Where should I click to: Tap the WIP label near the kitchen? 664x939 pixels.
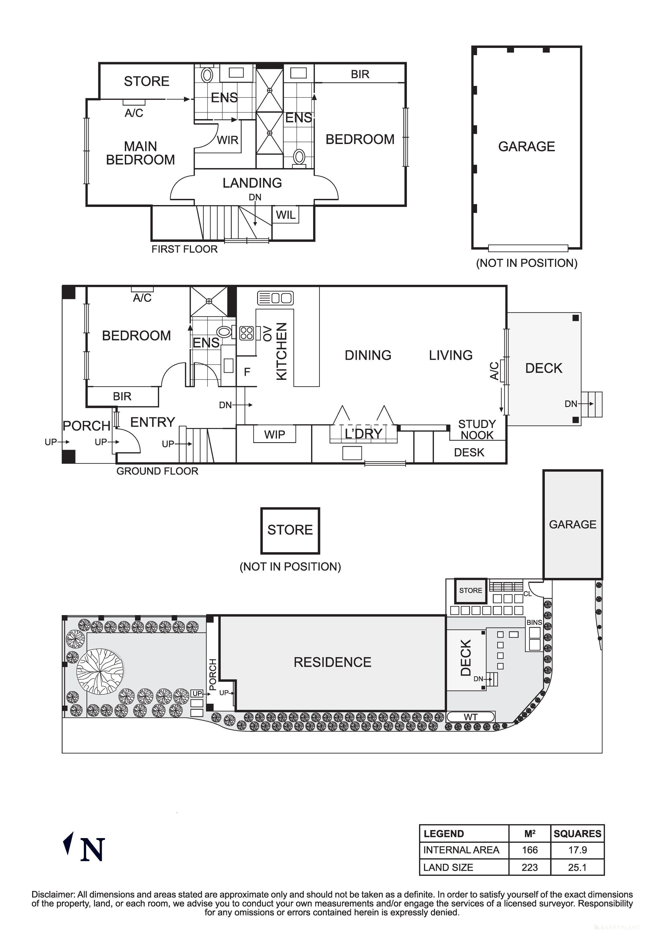pos(275,434)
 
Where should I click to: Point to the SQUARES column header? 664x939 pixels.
pos(577,834)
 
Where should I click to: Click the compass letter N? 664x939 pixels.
pos(93,850)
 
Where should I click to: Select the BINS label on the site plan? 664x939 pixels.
pos(534,622)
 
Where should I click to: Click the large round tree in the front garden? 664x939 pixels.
pos(100,672)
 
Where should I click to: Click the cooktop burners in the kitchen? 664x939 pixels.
pos(246,333)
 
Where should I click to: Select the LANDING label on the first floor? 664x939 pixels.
pos(252,183)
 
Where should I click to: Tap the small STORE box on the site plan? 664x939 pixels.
pos(471,590)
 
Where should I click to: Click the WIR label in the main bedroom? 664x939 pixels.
pos(227,140)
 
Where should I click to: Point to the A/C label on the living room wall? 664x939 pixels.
pos(494,370)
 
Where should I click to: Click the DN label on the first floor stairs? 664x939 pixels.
pos(255,197)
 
